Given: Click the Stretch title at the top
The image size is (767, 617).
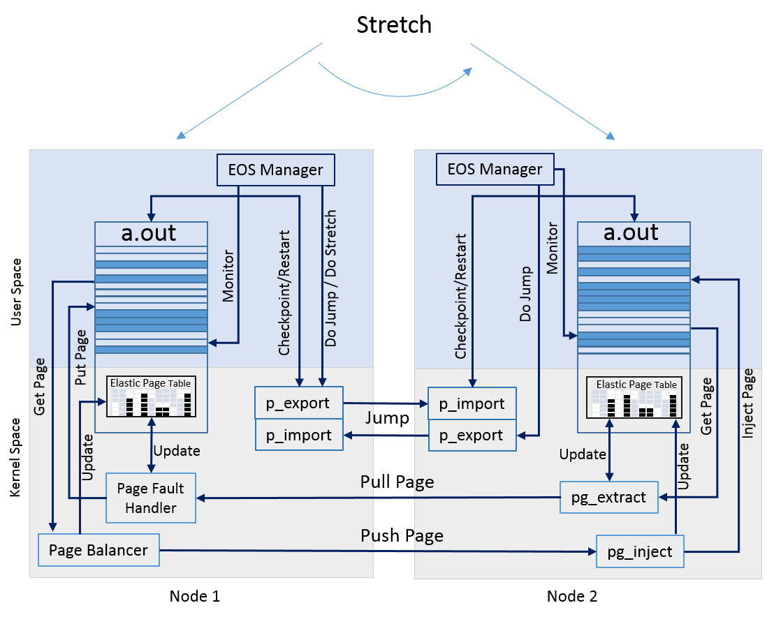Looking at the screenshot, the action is click(394, 25).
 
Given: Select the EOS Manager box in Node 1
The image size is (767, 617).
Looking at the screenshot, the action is click(276, 170).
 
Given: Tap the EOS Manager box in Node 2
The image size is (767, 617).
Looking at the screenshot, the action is click(495, 169).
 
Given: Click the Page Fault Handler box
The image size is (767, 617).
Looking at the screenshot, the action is click(151, 498).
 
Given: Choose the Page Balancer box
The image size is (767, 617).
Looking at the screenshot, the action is click(98, 550).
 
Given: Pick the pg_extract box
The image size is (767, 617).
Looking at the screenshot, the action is click(608, 497).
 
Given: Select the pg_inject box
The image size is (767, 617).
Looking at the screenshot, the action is click(640, 551).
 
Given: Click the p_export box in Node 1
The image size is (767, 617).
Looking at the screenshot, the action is click(298, 403).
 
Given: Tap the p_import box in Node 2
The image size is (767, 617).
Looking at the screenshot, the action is click(472, 403).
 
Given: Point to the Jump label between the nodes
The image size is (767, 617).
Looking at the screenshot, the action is click(387, 418).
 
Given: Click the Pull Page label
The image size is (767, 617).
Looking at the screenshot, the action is click(397, 482).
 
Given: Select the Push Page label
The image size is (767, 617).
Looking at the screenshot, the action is click(402, 536).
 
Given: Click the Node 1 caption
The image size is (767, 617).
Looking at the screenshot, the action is click(195, 596).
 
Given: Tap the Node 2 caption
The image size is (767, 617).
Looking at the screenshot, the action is click(572, 596).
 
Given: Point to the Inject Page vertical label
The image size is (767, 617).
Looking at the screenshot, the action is click(748, 403).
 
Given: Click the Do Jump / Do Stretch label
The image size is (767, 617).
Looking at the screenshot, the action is click(330, 278).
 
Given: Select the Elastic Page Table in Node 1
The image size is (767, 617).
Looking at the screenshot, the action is click(151, 396).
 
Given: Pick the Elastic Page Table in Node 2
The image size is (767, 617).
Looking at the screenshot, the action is click(634, 397).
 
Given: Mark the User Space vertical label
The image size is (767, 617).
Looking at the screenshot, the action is click(16, 292).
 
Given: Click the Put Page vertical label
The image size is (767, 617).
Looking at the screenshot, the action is click(81, 357).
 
